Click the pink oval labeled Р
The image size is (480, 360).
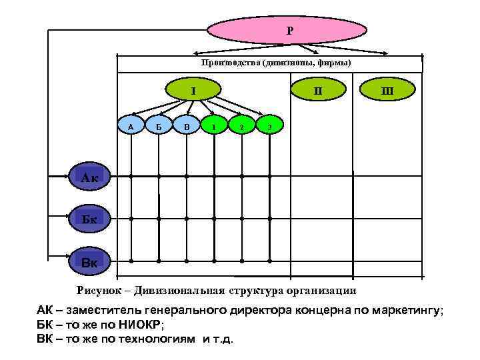[x=287, y=30]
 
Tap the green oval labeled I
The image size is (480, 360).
[x=193, y=89]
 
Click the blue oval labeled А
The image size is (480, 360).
[x=131, y=125]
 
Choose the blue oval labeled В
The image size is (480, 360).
[x=187, y=125]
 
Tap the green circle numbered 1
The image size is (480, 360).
[x=214, y=125]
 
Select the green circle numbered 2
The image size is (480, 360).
[x=241, y=125]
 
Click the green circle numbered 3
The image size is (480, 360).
[x=269, y=125]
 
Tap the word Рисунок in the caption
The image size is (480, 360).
[x=99, y=290]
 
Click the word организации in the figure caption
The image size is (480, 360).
[x=323, y=290]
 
